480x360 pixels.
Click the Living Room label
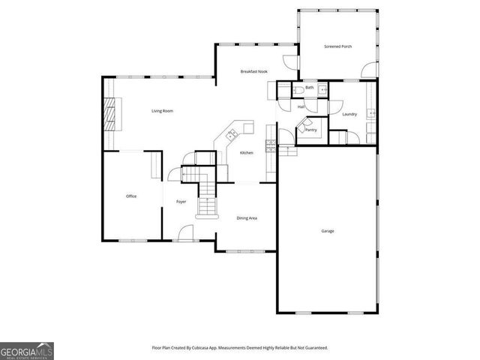pyautogui.click(x=162, y=111)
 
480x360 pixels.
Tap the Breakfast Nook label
pyautogui.click(x=253, y=71)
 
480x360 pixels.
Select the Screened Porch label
pyautogui.click(x=337, y=46)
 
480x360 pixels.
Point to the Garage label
pyautogui.click(x=328, y=230)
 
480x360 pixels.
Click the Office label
pyautogui.click(x=131, y=196)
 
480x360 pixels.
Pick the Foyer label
pyautogui.click(x=181, y=202)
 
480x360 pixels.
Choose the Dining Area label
pyautogui.click(x=247, y=217)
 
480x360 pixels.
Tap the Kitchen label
pyautogui.click(x=246, y=153)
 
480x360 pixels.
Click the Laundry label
pyautogui.click(x=349, y=114)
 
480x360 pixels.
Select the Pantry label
pyautogui.click(x=310, y=130)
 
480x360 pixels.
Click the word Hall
pyautogui.click(x=301, y=106)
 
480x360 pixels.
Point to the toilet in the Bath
pyautogui.click(x=298, y=89)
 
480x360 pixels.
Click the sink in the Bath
pyautogui.click(x=323, y=90)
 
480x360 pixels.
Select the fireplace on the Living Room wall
pyautogui.click(x=110, y=114)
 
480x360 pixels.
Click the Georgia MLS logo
pyautogui.click(x=27, y=350)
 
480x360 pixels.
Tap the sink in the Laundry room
pyautogui.click(x=371, y=114)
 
